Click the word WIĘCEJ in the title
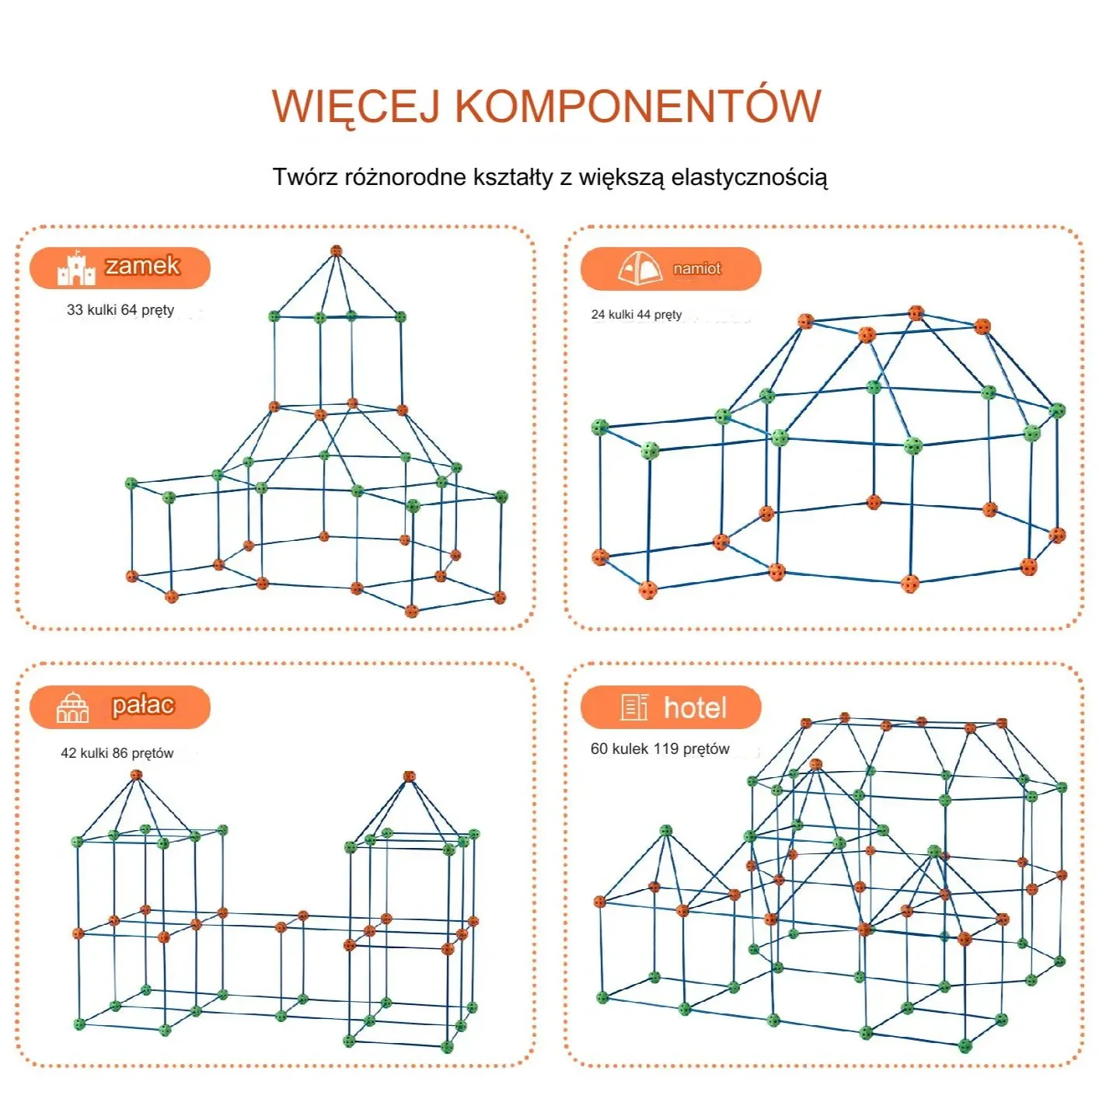click(356, 107)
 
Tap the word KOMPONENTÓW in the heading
click(637, 106)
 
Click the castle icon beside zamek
click(75, 268)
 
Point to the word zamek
click(142, 266)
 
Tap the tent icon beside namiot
click(640, 269)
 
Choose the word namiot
click(697, 269)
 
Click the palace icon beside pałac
click(72, 707)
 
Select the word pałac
click(142, 705)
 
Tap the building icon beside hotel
click(634, 707)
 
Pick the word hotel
click(695, 708)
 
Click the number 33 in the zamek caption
click(75, 310)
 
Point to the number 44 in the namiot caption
click(644, 315)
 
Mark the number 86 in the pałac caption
click(120, 753)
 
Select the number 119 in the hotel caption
click(665, 748)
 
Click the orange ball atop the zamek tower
click(336, 250)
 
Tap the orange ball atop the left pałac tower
click(137, 775)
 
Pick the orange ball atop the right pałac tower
click(410, 776)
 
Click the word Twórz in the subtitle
click(305, 177)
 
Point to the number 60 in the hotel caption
click(599, 748)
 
